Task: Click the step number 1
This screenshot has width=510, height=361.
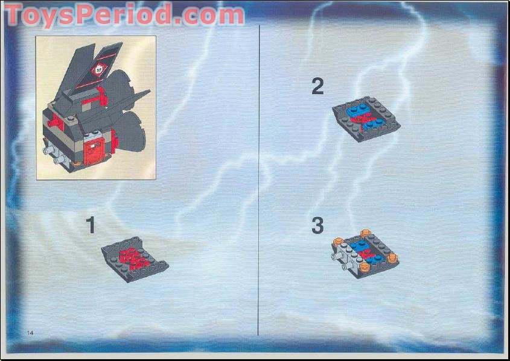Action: point(91,225)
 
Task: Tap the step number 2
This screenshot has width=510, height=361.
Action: point(317,87)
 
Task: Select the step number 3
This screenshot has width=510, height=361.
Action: point(317,226)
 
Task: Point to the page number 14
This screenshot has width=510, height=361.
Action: point(30,333)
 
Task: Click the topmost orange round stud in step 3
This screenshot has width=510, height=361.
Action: point(365,233)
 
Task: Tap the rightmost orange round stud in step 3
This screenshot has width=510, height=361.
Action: point(392,258)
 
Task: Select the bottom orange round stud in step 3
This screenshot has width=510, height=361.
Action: point(365,268)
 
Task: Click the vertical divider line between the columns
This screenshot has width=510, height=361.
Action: point(258,181)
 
